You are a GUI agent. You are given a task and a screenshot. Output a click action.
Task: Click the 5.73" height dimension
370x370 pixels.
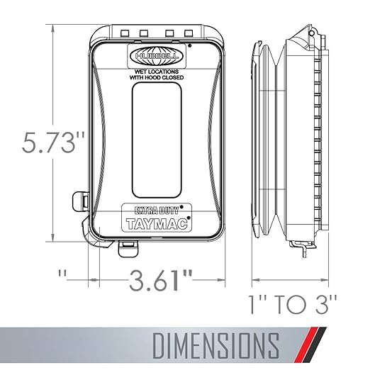[53, 142]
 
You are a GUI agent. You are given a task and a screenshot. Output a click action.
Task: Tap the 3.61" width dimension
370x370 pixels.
[160, 280]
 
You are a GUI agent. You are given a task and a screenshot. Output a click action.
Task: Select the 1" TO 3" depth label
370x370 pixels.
[292, 305]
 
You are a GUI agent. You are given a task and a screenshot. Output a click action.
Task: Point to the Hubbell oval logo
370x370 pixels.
[157, 56]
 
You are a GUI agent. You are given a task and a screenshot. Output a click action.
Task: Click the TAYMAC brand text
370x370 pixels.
[157, 224]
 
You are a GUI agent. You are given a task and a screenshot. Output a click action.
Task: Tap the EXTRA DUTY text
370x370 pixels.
[156, 210]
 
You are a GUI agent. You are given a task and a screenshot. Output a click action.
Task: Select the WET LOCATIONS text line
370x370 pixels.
[157, 72]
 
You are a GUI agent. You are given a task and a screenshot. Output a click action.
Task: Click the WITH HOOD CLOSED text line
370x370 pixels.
[157, 77]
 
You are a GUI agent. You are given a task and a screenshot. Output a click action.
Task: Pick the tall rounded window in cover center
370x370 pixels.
[157, 140]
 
